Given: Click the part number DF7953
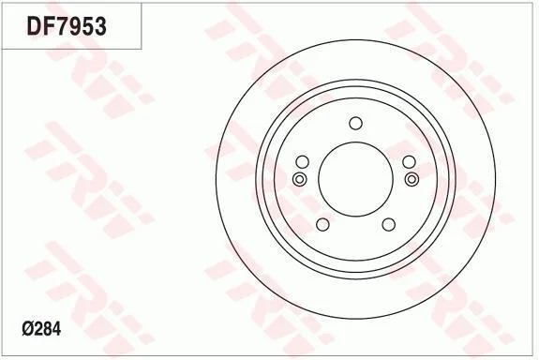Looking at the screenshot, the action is click(67, 26).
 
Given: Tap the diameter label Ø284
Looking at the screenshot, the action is click(41, 329).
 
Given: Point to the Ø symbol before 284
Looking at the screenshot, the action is click(27, 329).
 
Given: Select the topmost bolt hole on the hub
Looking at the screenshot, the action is click(355, 124).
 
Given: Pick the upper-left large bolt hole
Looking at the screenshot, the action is click(303, 162).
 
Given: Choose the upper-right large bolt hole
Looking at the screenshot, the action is click(409, 162).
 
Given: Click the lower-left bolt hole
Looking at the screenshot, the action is click(322, 224).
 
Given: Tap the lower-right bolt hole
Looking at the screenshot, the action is click(389, 224).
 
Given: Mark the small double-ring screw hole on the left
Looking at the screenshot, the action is click(299, 179).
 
